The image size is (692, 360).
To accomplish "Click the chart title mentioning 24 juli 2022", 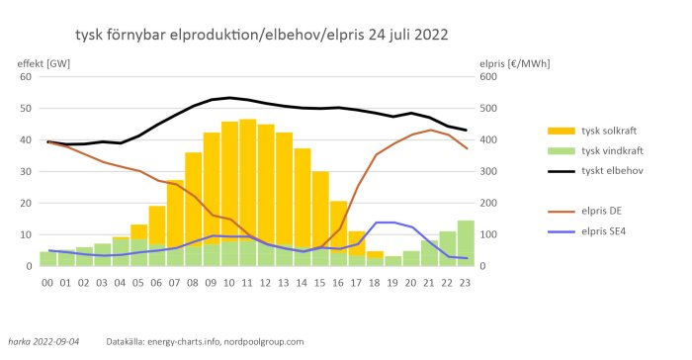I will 261,35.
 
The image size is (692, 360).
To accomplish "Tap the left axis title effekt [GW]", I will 44,62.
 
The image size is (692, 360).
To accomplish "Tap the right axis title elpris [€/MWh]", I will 514,62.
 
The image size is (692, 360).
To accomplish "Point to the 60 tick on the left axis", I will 27,76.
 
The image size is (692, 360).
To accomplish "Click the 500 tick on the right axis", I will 488,108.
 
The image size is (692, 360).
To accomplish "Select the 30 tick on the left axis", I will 27,171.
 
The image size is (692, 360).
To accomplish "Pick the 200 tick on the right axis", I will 488,203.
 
